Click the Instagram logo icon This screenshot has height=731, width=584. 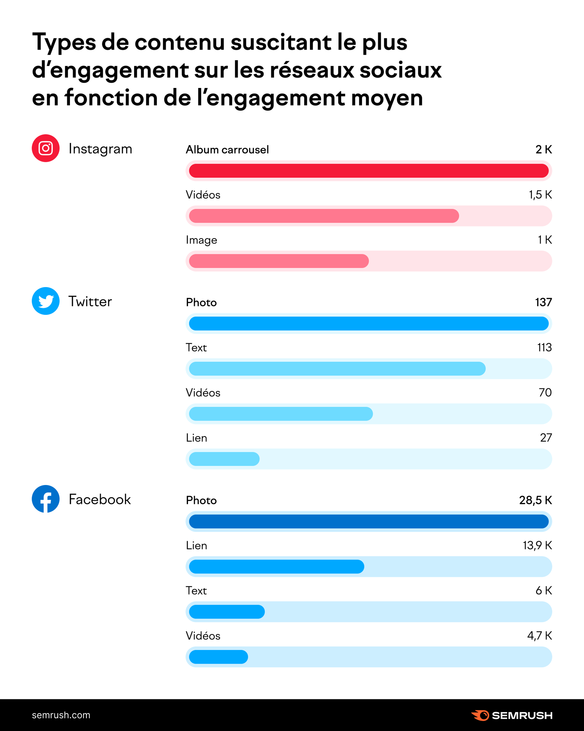coord(45,148)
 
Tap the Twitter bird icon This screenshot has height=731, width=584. coord(45,301)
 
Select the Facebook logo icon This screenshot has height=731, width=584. coord(45,499)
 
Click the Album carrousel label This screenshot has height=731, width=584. coord(227,149)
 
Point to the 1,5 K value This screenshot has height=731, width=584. coord(540,195)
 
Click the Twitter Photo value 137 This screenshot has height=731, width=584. coord(543,302)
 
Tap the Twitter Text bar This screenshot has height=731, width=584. coord(337,369)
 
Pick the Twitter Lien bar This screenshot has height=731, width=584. coord(224,459)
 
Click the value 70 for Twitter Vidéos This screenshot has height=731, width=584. coord(545,392)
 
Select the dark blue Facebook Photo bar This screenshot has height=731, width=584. coord(369,522)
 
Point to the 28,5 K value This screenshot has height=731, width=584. coord(535,500)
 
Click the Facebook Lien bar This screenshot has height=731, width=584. coord(276,567)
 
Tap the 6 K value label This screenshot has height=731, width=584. coord(543,590)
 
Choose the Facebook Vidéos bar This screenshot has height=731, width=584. coord(218,657)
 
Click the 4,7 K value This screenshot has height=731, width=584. coord(539,635)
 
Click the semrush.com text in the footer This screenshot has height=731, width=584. coord(61,715)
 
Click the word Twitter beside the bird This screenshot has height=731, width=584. coord(90,301)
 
